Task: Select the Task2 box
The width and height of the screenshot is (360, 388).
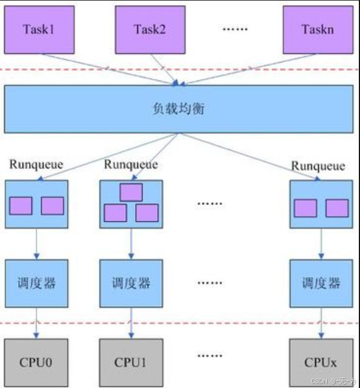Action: [149, 28]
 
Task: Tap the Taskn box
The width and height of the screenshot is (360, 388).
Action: [318, 28]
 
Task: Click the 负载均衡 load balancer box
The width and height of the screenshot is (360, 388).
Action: [178, 109]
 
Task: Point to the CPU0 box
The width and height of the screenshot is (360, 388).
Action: [36, 363]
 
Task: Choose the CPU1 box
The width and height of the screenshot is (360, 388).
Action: [131, 363]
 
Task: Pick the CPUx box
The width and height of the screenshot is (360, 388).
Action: [320, 363]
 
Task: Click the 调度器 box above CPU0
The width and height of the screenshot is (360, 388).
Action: [36, 283]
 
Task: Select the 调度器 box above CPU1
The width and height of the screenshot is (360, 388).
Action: [131, 283]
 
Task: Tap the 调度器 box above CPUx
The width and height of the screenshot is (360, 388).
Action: [320, 283]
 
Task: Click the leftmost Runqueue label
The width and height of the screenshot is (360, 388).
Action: [36, 164]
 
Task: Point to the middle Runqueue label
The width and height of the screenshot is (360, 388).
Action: [131, 164]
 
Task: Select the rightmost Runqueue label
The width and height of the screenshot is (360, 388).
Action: [318, 166]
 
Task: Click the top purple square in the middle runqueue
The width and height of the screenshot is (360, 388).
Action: [131, 192]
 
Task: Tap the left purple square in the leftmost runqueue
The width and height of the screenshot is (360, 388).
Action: [21, 206]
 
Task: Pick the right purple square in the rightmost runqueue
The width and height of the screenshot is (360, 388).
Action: [337, 208]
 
